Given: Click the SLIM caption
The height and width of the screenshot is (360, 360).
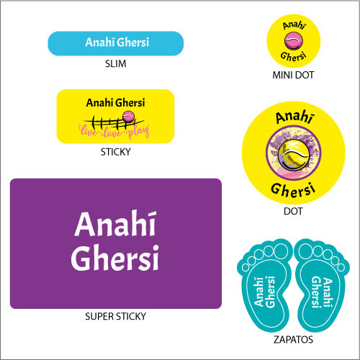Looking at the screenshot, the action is coord(115,64).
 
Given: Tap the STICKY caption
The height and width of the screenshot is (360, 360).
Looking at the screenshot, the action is coord(115,152).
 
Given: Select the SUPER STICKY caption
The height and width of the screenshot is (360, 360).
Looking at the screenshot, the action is coord(115,316).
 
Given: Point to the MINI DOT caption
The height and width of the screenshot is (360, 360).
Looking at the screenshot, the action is coord(293,75).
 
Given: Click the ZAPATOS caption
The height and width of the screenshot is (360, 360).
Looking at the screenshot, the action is coord(293,340).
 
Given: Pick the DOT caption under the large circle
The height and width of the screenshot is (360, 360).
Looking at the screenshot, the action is coord(293,211).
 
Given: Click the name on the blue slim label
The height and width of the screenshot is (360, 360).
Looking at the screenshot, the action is coord(117,42).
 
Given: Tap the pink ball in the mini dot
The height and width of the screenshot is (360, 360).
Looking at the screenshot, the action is coord(294,41).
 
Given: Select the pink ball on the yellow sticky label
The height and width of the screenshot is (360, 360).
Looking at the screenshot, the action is coord(128,117).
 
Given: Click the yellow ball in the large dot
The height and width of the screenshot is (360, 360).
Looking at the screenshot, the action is coord(293,155).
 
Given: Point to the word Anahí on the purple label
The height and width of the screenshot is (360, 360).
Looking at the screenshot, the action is coord(116,224).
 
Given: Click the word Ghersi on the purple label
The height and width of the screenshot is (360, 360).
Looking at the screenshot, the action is coord(114,258).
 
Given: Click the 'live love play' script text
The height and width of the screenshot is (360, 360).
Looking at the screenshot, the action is coord(114,132).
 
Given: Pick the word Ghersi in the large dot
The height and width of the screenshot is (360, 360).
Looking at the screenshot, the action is coord(293,190).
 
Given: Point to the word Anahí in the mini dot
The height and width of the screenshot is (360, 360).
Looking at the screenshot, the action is coord(294,25).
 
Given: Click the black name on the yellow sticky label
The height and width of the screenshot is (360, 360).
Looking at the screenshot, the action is coord(115,103).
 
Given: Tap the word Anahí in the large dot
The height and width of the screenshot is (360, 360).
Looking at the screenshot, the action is coord(294,117).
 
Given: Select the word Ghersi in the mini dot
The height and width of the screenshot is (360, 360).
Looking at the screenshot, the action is coord(294,57).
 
